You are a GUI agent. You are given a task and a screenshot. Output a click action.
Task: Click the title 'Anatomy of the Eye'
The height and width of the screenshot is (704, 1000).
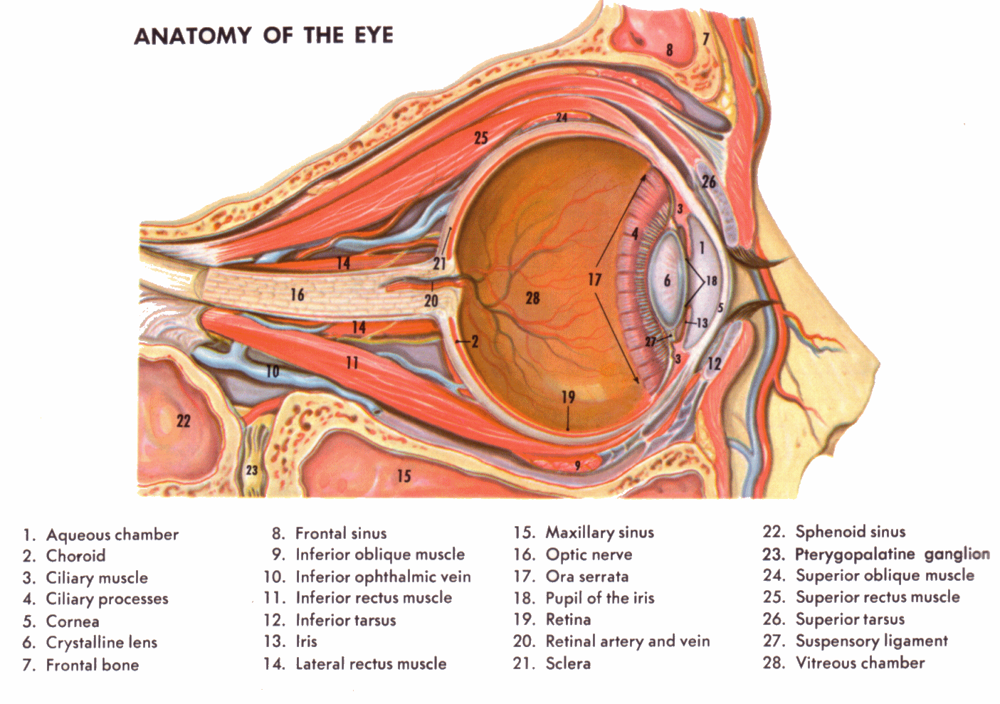coord(263,36)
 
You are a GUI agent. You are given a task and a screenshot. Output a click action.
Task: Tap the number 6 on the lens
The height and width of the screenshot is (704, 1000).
coord(667,280)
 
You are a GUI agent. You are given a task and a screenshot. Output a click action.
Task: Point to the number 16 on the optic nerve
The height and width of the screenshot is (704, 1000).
coord(298,294)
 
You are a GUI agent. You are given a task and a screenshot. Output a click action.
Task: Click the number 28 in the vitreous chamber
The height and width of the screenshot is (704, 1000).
coord(532,298)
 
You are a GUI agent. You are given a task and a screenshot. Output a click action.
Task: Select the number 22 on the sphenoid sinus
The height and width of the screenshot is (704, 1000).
coord(184,421)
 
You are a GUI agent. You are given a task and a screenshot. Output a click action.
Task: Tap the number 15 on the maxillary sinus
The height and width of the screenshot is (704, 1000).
coord(404,476)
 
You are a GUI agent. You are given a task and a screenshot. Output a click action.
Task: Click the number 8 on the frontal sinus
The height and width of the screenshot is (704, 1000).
coord(669,49)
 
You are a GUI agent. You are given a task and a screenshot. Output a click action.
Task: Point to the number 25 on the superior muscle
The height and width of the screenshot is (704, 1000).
coord(481,137)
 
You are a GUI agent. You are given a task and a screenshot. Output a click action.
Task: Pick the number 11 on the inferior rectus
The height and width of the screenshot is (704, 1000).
coord(352,363)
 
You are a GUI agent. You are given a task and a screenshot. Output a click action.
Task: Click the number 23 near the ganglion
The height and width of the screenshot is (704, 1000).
coord(251,470)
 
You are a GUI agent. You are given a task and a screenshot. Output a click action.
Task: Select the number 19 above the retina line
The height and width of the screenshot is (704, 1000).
coord(567,396)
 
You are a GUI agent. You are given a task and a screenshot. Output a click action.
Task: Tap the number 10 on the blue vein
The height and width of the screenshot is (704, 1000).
coord(273,372)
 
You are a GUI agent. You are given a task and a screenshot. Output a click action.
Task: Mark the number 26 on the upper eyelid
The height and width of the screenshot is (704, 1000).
coord(708,182)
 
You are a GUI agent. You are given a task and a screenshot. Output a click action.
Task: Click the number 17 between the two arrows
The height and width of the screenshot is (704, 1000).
coord(594,280)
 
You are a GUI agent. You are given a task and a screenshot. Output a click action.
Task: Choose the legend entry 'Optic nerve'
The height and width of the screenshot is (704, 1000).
coord(589,555)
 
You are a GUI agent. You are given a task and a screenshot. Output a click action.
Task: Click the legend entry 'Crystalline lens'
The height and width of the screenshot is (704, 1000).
coord(101,643)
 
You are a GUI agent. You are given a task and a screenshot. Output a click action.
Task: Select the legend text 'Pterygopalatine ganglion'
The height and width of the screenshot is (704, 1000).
coord(892,554)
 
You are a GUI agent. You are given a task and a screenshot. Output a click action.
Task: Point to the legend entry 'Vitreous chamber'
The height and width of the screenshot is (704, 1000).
coord(860,663)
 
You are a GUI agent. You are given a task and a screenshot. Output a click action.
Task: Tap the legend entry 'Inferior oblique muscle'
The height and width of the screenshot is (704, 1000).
coord(380,555)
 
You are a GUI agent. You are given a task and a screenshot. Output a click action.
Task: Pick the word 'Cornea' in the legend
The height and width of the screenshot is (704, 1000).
coord(73,621)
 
